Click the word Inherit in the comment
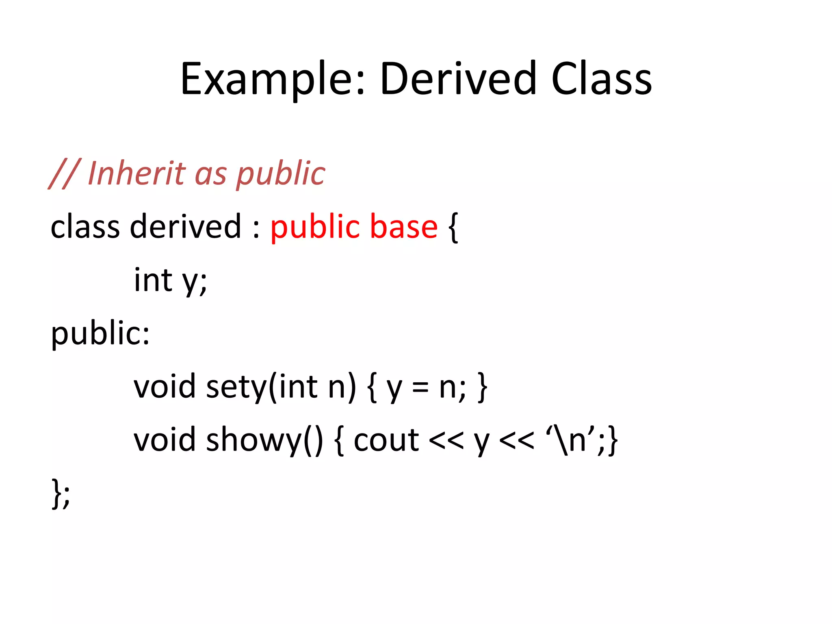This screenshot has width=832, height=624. point(136,173)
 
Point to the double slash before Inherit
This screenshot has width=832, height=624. point(64,174)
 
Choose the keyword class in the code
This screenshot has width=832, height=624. point(85,227)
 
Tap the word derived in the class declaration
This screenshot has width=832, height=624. point(185,227)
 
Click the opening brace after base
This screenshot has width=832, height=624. point(453,227)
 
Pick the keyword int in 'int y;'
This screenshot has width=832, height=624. point(153,280)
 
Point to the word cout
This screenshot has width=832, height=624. point(386,440)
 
